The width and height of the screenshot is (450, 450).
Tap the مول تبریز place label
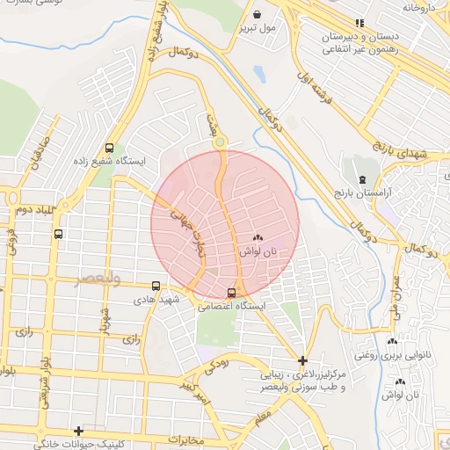[256, 28]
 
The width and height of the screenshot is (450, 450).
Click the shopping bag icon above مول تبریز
[256, 15]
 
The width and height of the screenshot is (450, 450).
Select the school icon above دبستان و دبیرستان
[359, 23]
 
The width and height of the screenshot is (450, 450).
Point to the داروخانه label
[420, 7]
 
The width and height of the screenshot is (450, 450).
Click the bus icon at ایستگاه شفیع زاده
[109, 149]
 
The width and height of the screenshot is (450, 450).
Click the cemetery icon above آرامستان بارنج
[362, 179]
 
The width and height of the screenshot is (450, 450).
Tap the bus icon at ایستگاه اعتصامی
[231, 293]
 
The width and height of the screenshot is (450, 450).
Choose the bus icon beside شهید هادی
[156, 286]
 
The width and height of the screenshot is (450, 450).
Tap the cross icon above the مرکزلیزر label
[302, 360]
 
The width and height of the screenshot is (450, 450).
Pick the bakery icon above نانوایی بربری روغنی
[392, 342]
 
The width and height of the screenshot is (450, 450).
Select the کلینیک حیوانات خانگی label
[76, 444]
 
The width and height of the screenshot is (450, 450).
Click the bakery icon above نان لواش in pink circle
[258, 238]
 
